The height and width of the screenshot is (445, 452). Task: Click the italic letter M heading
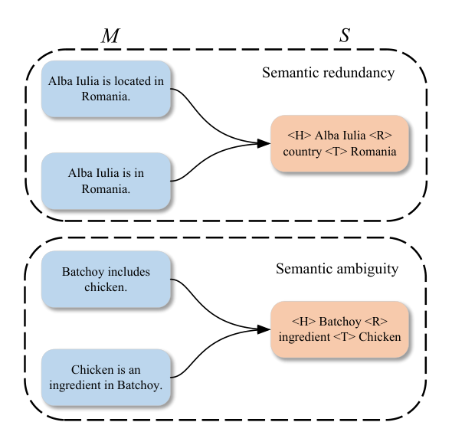110,35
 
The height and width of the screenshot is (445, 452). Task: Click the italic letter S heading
345,35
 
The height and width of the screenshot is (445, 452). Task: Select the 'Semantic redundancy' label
329,73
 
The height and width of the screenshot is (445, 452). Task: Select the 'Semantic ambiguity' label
337,269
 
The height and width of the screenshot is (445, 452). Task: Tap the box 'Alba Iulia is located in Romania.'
106,89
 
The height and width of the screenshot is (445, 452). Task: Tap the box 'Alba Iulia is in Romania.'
106,181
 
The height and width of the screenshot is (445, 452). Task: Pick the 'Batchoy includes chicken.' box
106,279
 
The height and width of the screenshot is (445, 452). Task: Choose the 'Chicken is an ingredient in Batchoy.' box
106,378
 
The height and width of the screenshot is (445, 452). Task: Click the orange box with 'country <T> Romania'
339,143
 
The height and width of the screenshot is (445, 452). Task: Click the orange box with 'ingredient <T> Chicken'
339,329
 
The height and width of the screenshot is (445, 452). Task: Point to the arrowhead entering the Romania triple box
264,143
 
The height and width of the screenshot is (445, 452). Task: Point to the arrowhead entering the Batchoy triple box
264,329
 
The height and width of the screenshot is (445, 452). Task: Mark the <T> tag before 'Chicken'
345,337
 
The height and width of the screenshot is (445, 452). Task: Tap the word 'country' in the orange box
302,152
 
